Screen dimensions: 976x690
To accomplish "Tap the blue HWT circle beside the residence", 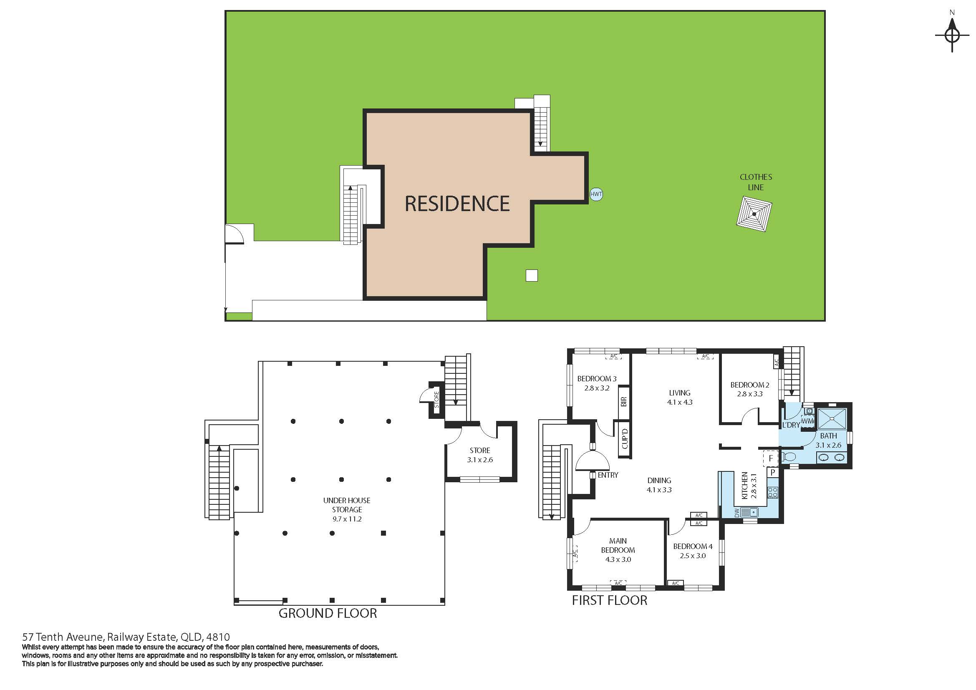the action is (x=596, y=194).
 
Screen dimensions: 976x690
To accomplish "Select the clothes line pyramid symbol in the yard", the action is (x=754, y=214).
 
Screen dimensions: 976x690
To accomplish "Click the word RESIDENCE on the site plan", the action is (x=457, y=204).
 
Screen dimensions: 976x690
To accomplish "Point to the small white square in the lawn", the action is (x=531, y=276).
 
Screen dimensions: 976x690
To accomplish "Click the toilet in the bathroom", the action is (x=788, y=457).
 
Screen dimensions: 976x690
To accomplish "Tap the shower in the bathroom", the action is (x=832, y=418).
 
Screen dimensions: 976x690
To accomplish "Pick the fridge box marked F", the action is (x=771, y=458).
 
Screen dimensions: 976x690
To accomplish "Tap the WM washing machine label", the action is (x=807, y=421).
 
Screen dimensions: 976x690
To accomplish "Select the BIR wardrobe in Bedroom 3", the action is (x=623, y=401).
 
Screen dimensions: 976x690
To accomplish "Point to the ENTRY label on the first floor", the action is (x=608, y=475).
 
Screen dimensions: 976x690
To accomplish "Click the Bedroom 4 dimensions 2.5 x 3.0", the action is (x=693, y=556).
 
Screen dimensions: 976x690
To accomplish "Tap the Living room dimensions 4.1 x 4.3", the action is (x=680, y=402).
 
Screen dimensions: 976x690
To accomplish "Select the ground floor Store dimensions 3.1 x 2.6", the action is (x=480, y=460).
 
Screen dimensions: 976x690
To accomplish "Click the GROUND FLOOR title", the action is (x=328, y=613).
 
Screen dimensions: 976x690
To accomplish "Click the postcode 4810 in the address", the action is (x=219, y=637).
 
